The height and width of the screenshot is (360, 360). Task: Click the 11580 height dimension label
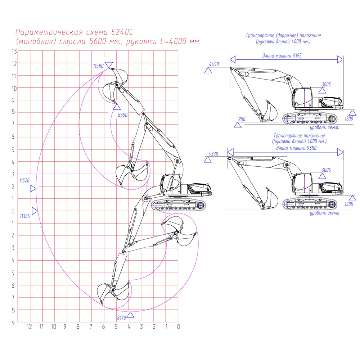[x=98, y=66]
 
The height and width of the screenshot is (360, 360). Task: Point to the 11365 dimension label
[x=24, y=216]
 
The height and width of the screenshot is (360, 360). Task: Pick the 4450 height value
[x=213, y=64]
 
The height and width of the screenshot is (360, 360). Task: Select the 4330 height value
[x=213, y=154]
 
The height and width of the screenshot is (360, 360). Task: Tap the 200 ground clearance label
[x=242, y=119]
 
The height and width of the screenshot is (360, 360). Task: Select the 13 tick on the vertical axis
[x=14, y=51]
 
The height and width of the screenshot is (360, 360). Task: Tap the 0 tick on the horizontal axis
[x=178, y=327]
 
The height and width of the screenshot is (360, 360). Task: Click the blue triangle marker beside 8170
[x=131, y=315]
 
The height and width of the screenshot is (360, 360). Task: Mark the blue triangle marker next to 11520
[x=33, y=188]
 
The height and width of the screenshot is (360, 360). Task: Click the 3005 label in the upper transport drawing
[x=326, y=85]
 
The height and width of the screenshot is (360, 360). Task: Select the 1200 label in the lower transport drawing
[x=349, y=204]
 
